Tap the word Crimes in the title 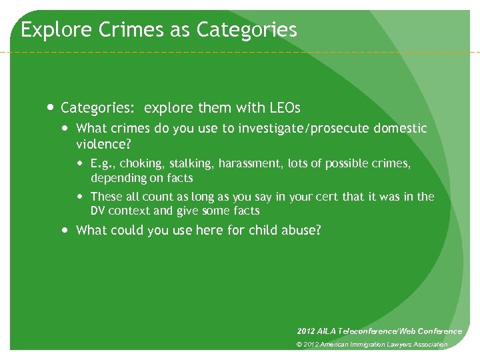pos(117,30)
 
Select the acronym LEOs pos(285,107)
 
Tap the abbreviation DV pos(98,211)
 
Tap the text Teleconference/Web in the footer pos(377,331)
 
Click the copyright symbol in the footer pos(300,345)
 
